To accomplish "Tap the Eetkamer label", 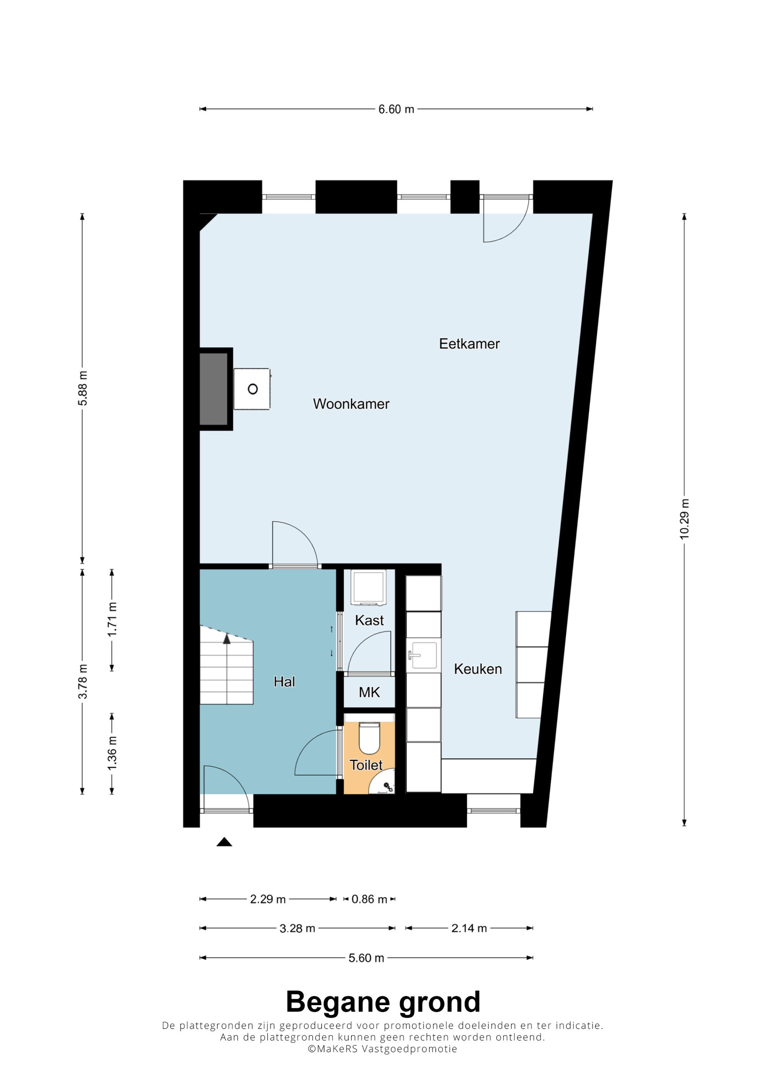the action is (469, 344).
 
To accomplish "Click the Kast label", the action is (369, 620).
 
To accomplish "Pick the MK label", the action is (369, 692).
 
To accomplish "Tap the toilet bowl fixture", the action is (369, 738).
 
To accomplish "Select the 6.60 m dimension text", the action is (396, 109).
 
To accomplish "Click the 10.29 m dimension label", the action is (684, 519).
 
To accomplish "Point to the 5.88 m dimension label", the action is (83, 388).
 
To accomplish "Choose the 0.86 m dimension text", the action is (369, 899).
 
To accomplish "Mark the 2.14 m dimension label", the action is (469, 928).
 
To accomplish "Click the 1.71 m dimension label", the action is (112, 619).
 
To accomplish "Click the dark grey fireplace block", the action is (213, 389).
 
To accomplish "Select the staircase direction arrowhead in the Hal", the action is (227, 638).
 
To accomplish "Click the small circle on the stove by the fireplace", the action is (253, 389).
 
